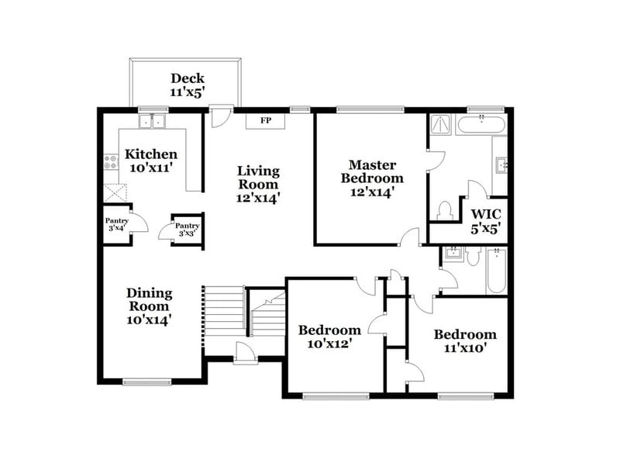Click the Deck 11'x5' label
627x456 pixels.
[187, 85]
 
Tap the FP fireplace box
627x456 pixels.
[266, 121]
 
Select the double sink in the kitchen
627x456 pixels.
[153, 122]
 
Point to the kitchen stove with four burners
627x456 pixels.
[111, 163]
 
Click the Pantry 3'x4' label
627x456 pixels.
[116, 225]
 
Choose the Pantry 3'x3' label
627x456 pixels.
[187, 229]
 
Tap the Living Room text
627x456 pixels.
[258, 184]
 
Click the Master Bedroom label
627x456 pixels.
[372, 178]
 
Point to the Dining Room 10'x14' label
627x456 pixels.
[150, 305]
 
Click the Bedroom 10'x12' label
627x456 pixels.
[329, 336]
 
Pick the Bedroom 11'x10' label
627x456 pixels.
[465, 341]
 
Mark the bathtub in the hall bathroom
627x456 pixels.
[496, 271]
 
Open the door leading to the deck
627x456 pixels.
[220, 116]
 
